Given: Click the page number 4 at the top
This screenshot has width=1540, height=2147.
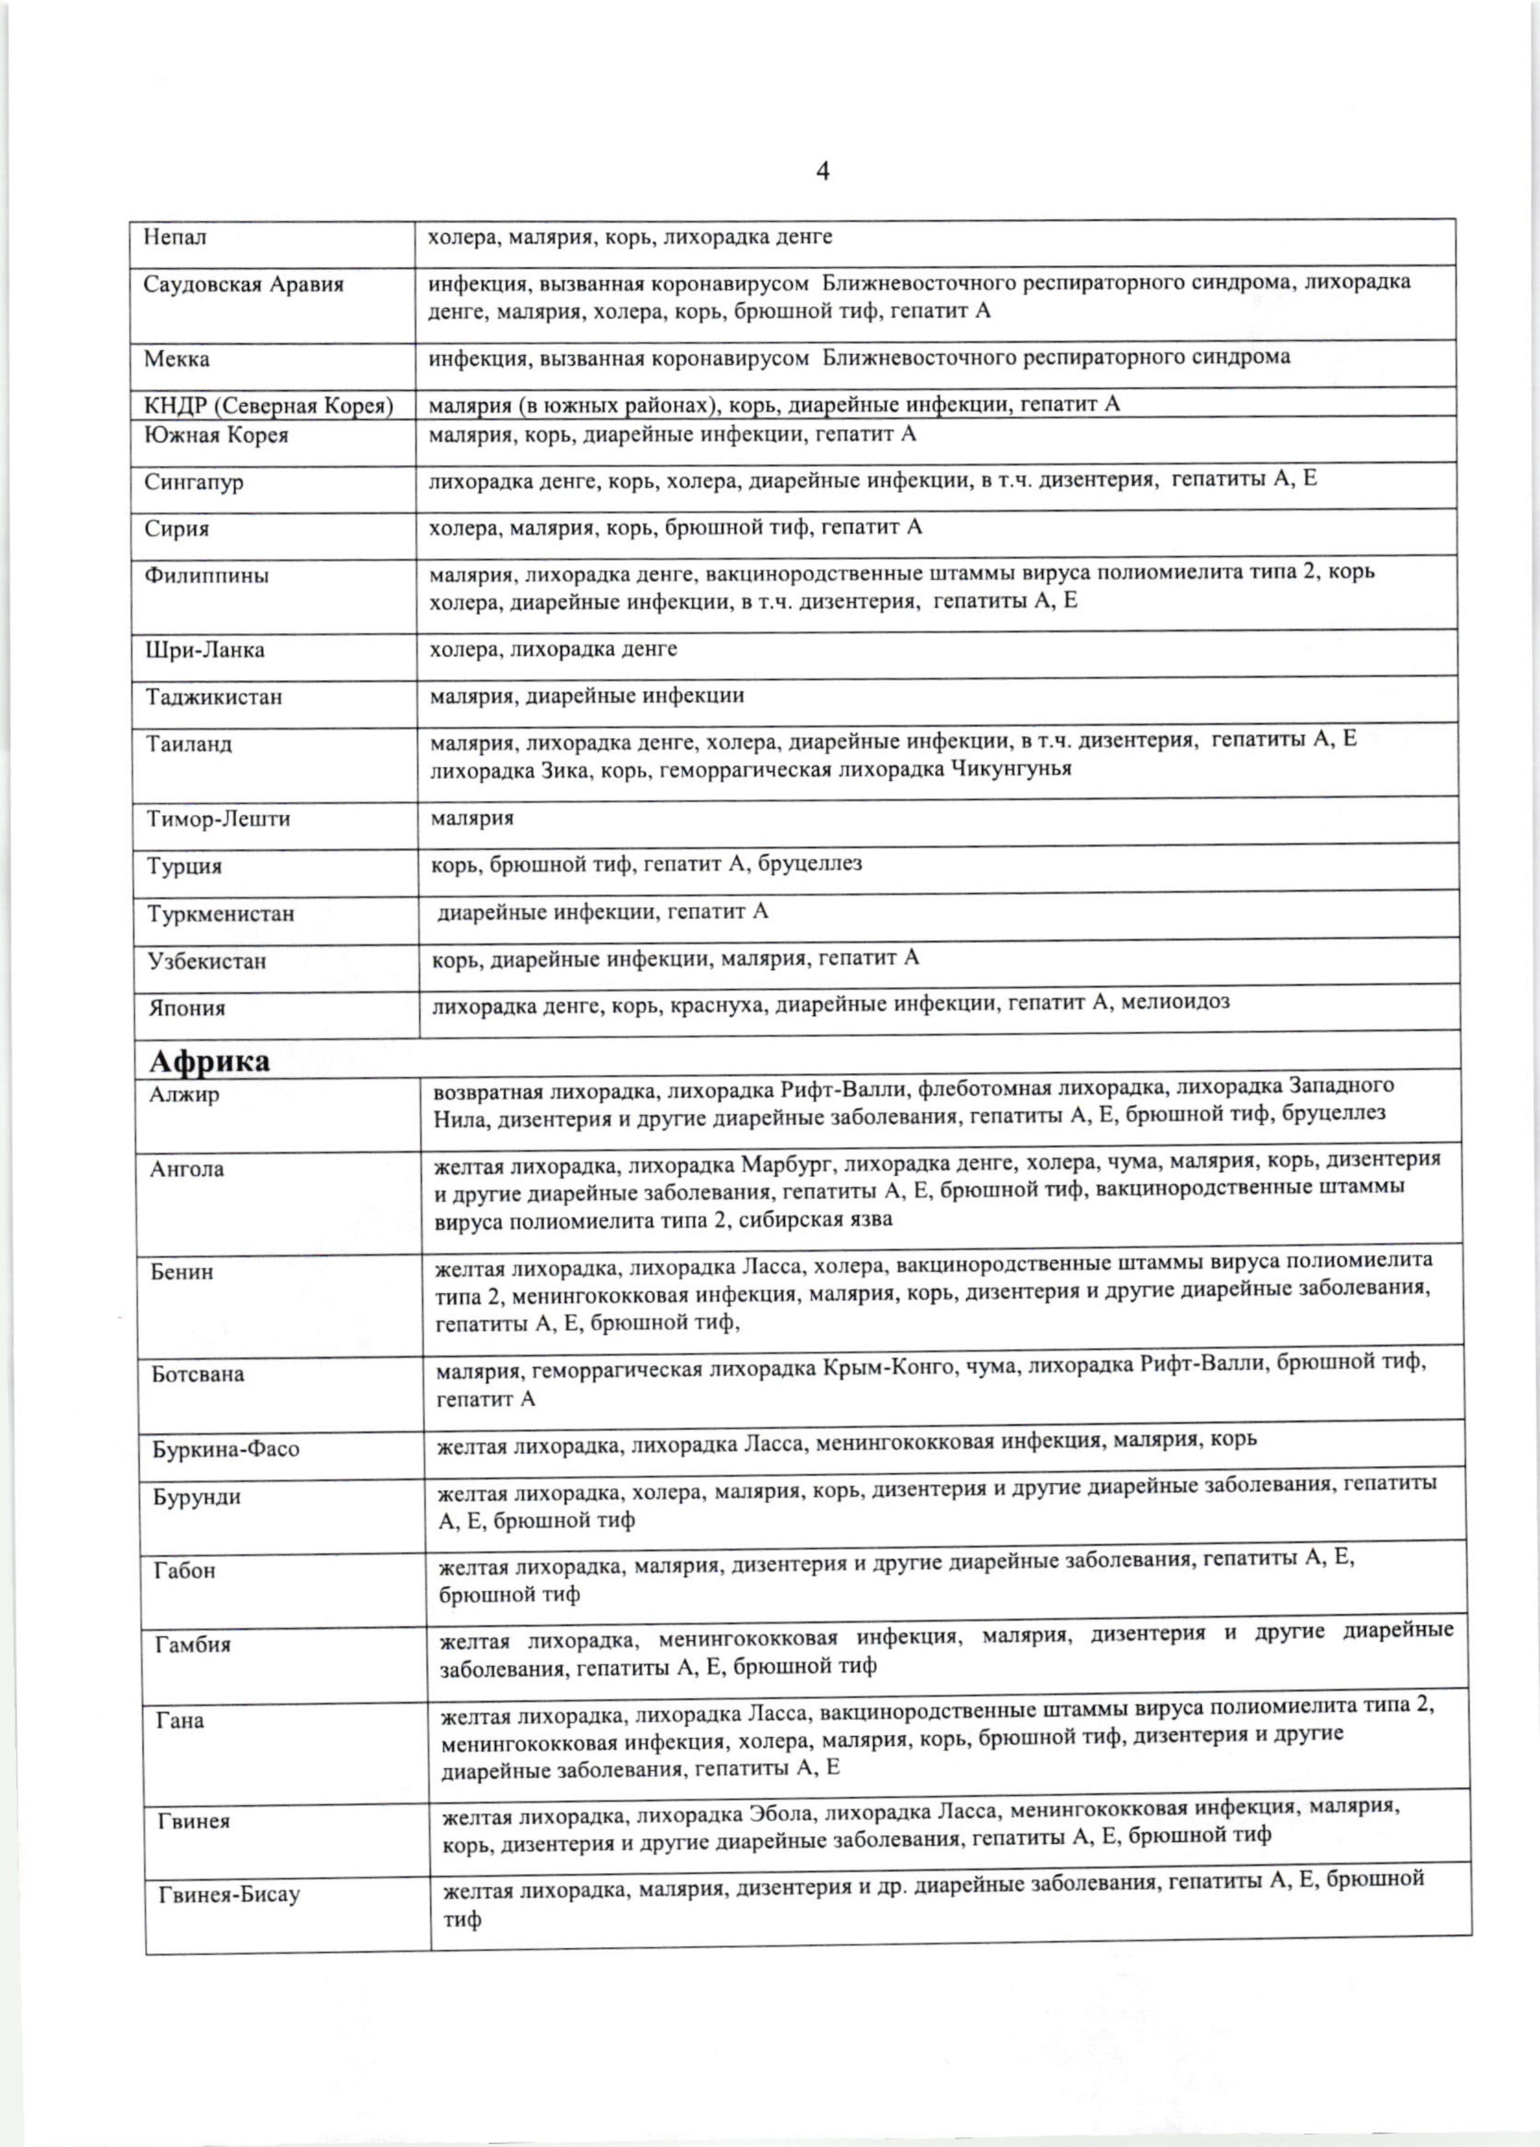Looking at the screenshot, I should pos(823,172).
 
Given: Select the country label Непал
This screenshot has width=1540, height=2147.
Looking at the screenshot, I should pos(175,237).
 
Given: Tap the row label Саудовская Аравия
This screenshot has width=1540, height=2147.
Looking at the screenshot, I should pos(243,284).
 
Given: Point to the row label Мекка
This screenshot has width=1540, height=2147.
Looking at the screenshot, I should pos(177,360).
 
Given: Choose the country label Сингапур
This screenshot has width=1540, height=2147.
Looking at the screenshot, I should pos(194,482).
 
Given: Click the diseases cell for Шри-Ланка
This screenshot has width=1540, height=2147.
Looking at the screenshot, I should pos(554,649).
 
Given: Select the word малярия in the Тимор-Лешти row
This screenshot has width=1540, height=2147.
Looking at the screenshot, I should pos(472,817).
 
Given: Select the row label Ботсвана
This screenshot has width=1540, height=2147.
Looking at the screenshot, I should pos(198,1373).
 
